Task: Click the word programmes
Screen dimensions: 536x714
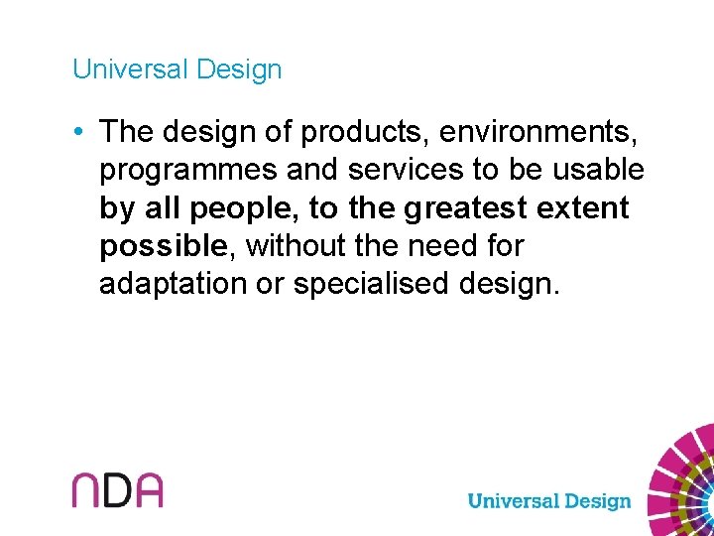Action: tap(188, 170)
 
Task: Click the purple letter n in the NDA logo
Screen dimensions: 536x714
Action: tap(87, 490)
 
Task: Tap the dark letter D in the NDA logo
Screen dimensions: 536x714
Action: tap(118, 490)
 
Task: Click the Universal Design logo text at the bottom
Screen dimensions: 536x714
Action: tap(548, 500)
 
